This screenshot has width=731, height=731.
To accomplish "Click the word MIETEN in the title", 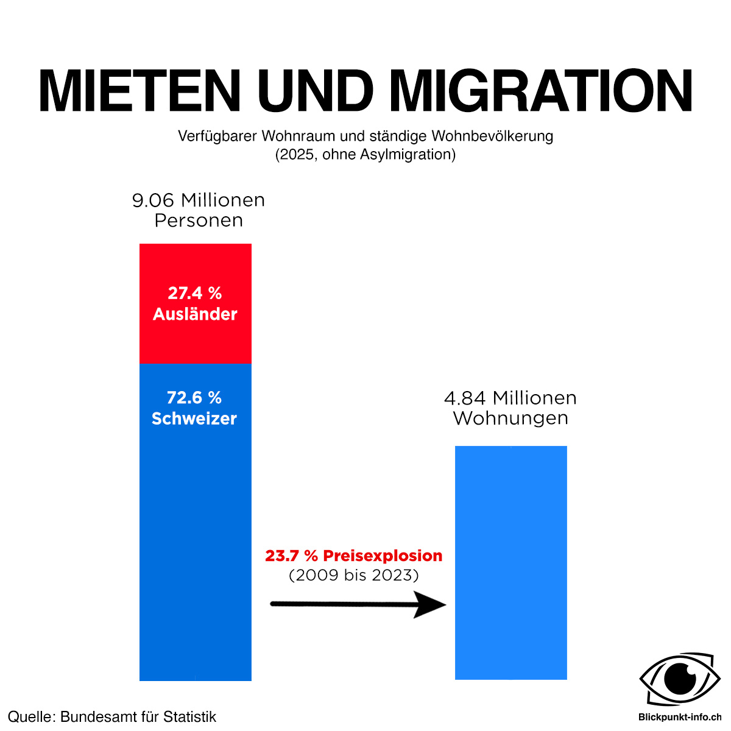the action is (139, 90).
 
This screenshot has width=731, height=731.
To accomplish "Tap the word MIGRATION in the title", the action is (541, 90).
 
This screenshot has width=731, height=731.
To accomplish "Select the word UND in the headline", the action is (315, 90).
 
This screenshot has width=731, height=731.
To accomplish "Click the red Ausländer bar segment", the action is (196, 303).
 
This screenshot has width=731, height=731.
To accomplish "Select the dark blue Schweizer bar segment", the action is (196, 522).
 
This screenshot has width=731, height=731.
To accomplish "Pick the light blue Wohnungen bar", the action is (510, 563).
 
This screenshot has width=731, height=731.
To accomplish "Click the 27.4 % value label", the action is (194, 293).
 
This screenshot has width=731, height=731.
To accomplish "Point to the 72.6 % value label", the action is (194, 398).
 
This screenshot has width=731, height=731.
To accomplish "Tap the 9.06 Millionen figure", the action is (199, 200).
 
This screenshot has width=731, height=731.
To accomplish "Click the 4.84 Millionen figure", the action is (510, 398).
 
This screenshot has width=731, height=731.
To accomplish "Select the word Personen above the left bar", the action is (199, 221).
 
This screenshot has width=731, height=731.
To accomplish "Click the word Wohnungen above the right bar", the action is (510, 418).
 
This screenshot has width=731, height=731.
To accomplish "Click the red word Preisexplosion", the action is (383, 556).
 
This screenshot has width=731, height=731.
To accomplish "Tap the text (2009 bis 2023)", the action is (353, 576).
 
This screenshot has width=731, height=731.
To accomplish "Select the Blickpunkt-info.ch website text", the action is (680, 717).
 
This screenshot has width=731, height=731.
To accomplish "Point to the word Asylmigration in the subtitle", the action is (408, 155).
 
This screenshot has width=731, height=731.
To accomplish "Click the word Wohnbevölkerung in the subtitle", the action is (492, 136).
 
